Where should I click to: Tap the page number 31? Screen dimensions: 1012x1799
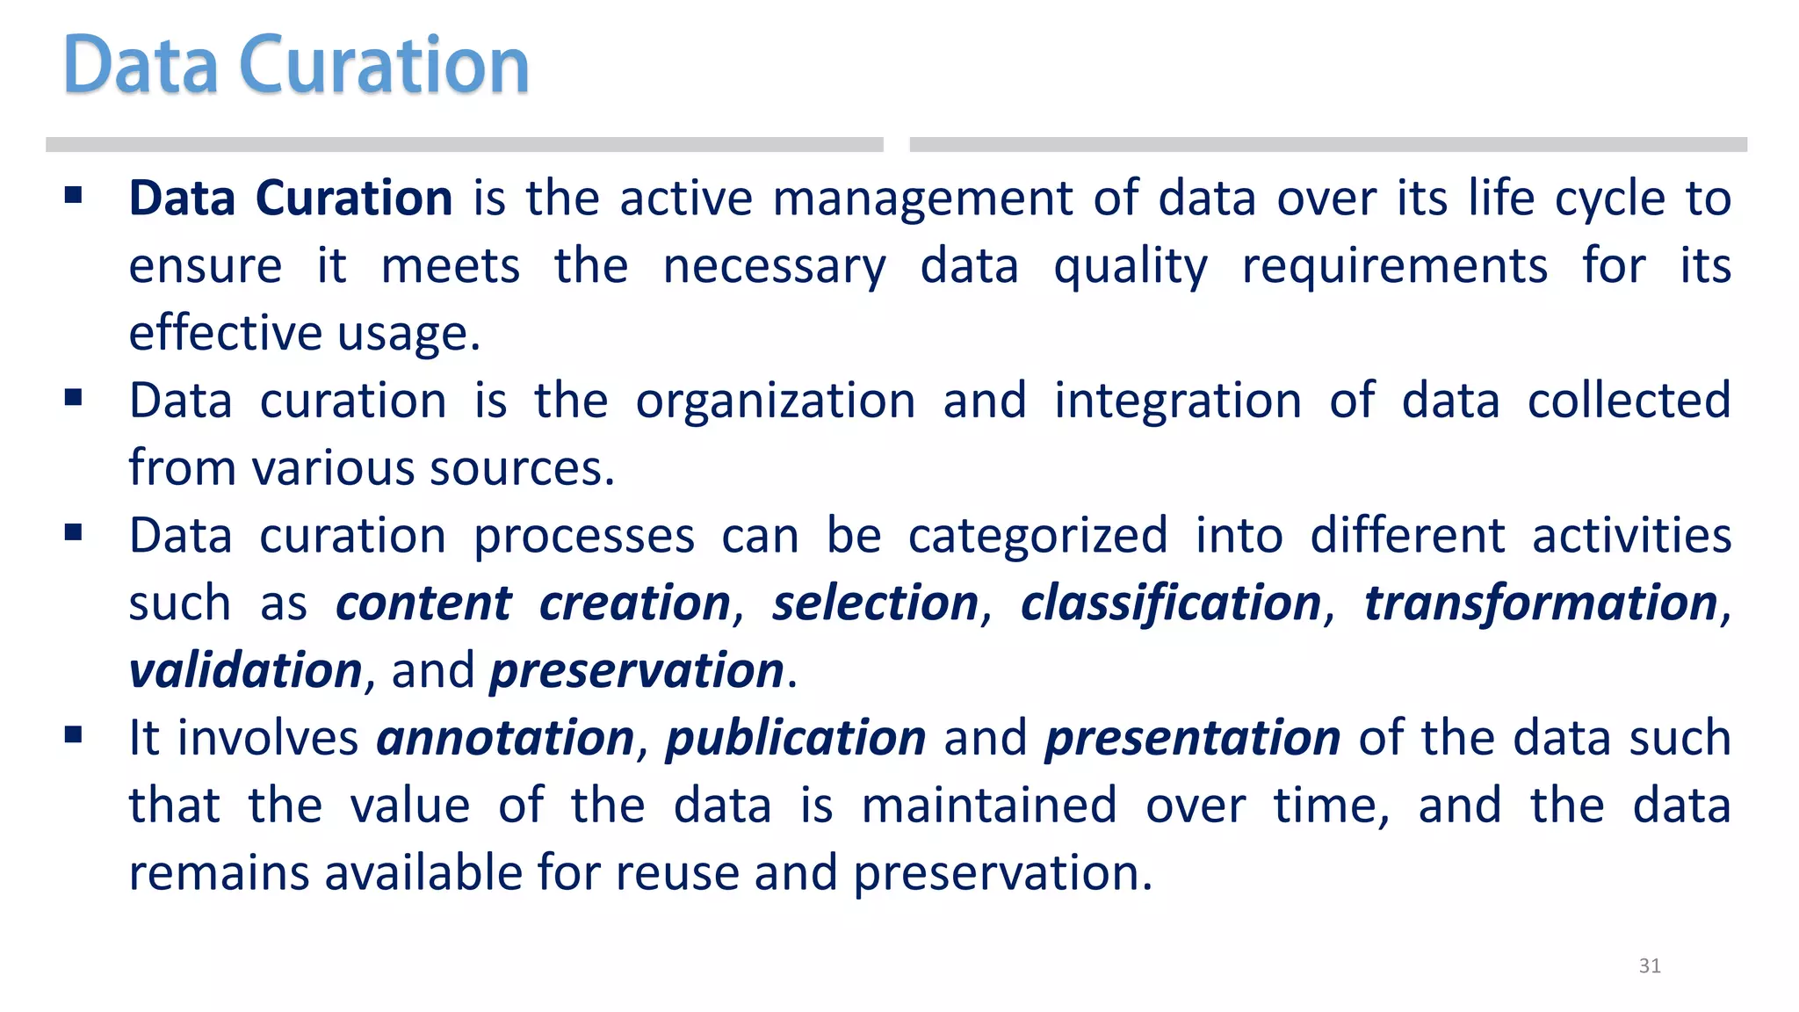pyautogui.click(x=1650, y=965)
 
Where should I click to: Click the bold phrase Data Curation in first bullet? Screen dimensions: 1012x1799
pyautogui.click(x=291, y=198)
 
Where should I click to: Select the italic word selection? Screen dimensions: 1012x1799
pyautogui.click(x=875, y=604)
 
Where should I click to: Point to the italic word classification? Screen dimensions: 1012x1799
pyautogui.click(x=1171, y=604)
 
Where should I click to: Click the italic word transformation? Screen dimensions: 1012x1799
pyautogui.click(x=1540, y=604)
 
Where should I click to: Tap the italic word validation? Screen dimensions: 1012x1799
pyautogui.click(x=245, y=671)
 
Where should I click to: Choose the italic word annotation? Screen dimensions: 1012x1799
pyautogui.click(x=505, y=738)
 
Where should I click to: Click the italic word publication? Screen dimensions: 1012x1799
pyautogui.click(x=795, y=738)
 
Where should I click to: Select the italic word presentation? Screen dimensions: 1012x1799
pyautogui.click(x=1192, y=738)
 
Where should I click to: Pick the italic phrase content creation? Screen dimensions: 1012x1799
pyautogui.click(x=532, y=604)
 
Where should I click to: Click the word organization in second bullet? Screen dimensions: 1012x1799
pyautogui.click(x=776, y=401)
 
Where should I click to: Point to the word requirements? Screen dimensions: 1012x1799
pyautogui.click(x=1394, y=266)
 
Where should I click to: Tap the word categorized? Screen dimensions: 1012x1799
pyautogui.click(x=1037, y=536)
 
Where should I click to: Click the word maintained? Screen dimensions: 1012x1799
pyautogui.click(x=989, y=806)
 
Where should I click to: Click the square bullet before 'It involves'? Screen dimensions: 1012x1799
pyautogui.click(x=74, y=734)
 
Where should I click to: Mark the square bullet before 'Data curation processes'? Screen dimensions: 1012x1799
pyautogui.click(x=74, y=532)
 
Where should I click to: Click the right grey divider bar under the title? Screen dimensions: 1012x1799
pyautogui.click(x=1327, y=145)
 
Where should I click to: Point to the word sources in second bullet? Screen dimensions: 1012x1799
pyautogui.click(x=522, y=468)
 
